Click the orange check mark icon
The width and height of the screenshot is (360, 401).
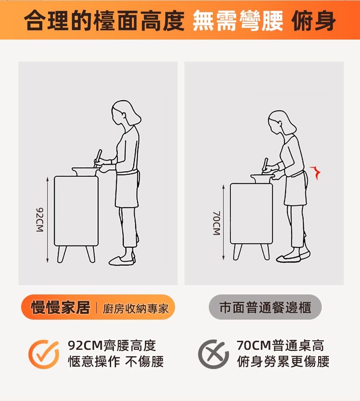pyautogui.click(x=44, y=354)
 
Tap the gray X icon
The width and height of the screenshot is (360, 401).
pyautogui.click(x=213, y=354)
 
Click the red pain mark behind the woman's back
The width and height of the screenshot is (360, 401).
pyautogui.click(x=316, y=172)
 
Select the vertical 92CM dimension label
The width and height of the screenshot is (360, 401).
pyautogui.click(x=40, y=220)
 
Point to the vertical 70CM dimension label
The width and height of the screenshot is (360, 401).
pyautogui.click(x=216, y=223)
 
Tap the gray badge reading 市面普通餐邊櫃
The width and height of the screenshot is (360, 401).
pyautogui.click(x=265, y=307)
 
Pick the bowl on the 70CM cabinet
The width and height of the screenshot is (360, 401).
pyautogui.click(x=262, y=178)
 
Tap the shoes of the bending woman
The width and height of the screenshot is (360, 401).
pyautogui.click(x=292, y=257)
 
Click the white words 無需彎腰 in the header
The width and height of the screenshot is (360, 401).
pyautogui.click(x=238, y=21)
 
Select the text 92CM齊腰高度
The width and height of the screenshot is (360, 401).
pyautogui.click(x=112, y=346)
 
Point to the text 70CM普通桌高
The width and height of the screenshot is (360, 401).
pyautogui.click(x=280, y=346)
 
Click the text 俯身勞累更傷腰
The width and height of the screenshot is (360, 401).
pyautogui.click(x=283, y=361)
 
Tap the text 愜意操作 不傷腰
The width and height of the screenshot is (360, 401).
pyautogui.click(x=116, y=361)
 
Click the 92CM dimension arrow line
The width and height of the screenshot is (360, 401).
pyautogui.click(x=47, y=220)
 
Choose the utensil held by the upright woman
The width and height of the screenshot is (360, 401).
pyautogui.click(x=98, y=158)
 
